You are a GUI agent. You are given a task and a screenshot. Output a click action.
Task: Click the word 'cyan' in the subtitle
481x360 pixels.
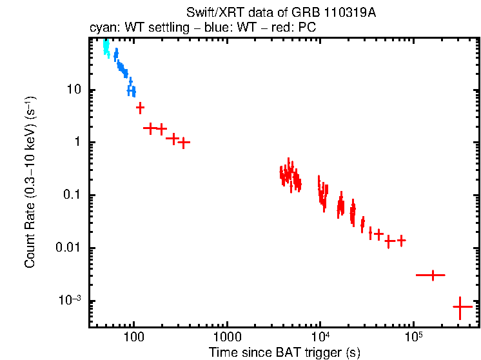101,28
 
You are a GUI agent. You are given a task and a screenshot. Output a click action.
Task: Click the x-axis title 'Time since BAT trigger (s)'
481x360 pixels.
284,352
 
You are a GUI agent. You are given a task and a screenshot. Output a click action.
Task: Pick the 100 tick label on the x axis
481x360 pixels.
133,336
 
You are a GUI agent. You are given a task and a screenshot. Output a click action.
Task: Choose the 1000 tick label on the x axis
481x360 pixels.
227,336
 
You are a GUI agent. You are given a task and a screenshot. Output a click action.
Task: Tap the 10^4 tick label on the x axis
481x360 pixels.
320,336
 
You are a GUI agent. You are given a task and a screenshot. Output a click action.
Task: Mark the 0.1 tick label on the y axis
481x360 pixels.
73,195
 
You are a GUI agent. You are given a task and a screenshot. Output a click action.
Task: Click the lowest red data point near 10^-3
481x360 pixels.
460,307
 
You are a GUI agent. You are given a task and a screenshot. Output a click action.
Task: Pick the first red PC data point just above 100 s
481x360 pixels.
140,107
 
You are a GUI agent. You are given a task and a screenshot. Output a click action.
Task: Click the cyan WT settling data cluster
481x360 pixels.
106,46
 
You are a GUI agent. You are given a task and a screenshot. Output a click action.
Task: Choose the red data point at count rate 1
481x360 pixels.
184,142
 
